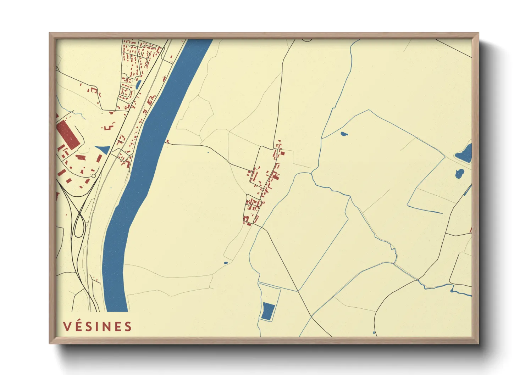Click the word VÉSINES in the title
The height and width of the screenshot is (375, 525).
[x=98, y=326]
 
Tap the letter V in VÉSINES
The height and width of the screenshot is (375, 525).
[x=67, y=326]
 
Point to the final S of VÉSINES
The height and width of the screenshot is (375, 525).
[x=128, y=326]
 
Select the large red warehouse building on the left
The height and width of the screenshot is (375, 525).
[x=68, y=134]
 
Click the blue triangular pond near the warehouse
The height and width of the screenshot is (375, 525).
[x=103, y=149]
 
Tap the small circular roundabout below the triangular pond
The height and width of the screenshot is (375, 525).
[x=94, y=176]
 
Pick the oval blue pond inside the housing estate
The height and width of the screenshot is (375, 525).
[x=138, y=84]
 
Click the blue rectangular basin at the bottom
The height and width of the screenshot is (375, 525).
[x=268, y=311]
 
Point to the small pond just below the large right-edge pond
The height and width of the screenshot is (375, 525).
[x=459, y=173]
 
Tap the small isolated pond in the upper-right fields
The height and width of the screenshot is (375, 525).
[x=344, y=134]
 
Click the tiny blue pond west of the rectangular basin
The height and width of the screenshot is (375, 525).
[x=226, y=263]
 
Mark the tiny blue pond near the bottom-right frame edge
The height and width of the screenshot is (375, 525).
[x=374, y=333]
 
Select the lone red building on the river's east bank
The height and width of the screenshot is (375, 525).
[x=167, y=142]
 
